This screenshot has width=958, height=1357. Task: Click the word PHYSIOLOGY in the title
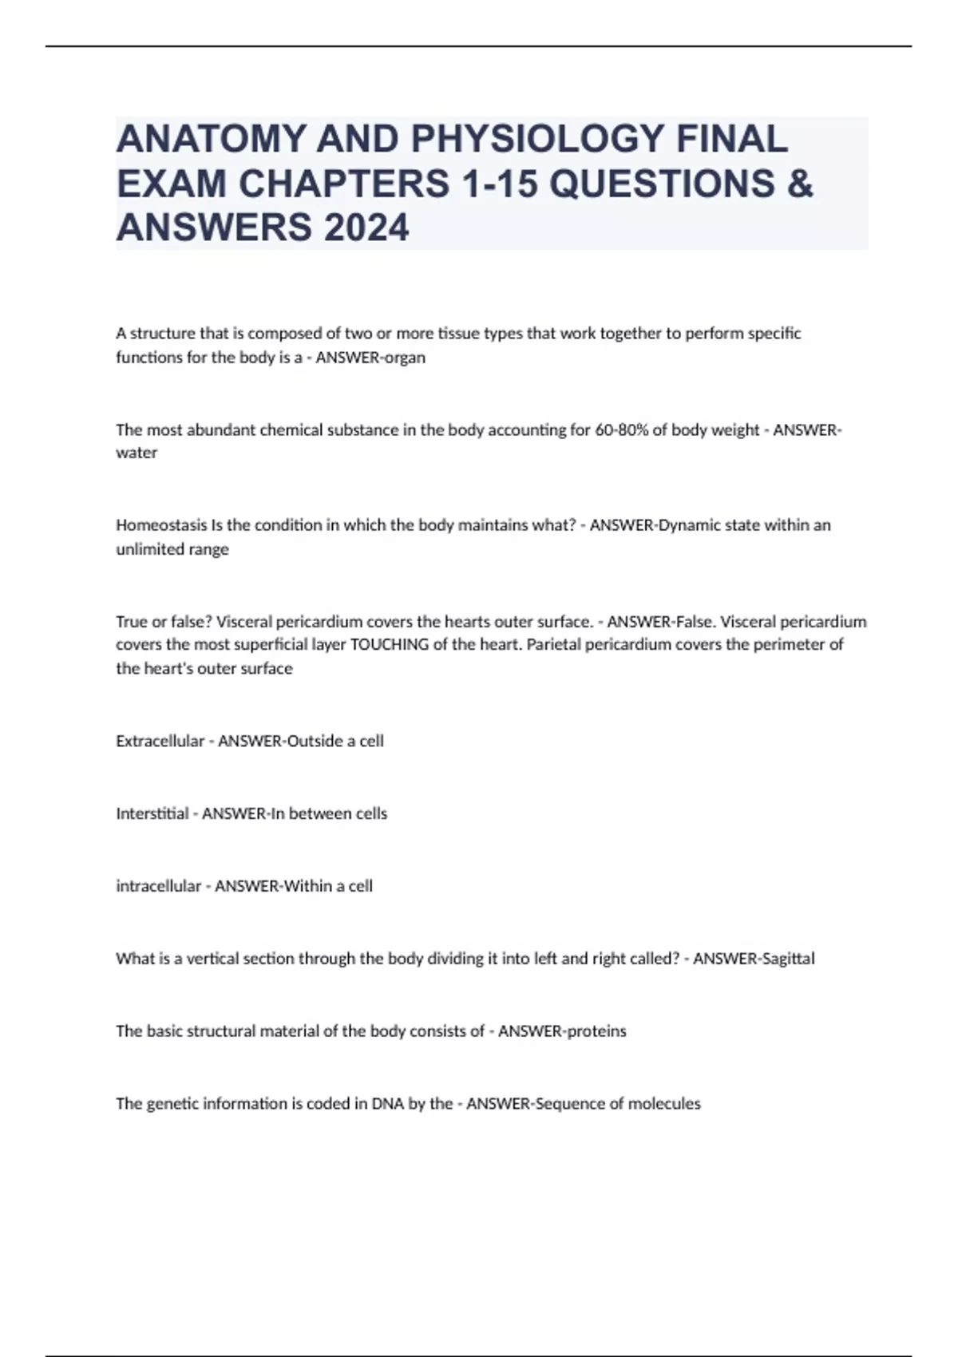536,140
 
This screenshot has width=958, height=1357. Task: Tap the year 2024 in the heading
366,227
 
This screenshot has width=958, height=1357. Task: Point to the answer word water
137,453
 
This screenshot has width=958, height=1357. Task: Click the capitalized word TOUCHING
390,644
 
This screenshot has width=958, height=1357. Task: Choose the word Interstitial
152,813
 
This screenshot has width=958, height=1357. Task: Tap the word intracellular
159,886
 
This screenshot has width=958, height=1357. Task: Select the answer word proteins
596,1031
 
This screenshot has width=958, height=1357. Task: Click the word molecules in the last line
664,1104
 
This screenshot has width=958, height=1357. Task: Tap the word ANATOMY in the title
211,140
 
